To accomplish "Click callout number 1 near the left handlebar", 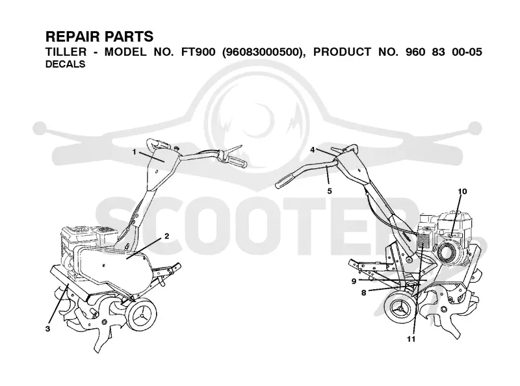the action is [135, 152].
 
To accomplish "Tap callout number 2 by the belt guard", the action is [167, 236].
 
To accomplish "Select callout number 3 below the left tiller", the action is [48, 329].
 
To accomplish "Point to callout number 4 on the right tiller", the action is [312, 150].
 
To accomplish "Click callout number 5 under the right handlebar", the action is [330, 191].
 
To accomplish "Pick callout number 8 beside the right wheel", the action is [363, 293].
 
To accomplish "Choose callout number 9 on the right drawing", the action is [354, 281].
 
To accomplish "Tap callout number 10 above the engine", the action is [462, 191].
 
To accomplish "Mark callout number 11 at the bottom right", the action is [411, 339].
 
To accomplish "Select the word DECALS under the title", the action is [66, 64].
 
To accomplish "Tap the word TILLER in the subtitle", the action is [66, 52].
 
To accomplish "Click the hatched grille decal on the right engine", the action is [423, 240].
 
